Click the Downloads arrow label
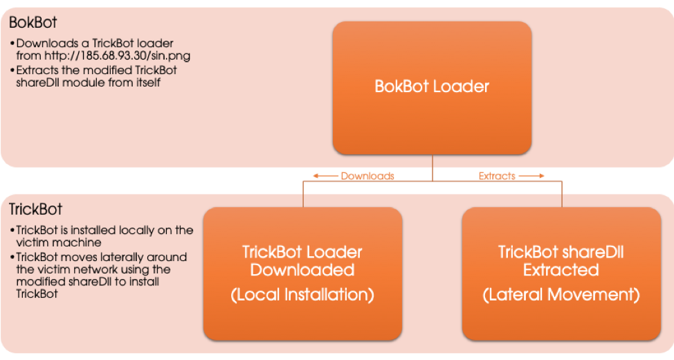[367, 176]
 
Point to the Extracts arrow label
[497, 176]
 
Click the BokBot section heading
[33, 22]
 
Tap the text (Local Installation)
[302, 296]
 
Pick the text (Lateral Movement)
[561, 296]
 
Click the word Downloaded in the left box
[302, 270]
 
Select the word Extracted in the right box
[561, 270]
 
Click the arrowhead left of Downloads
[316, 176]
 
